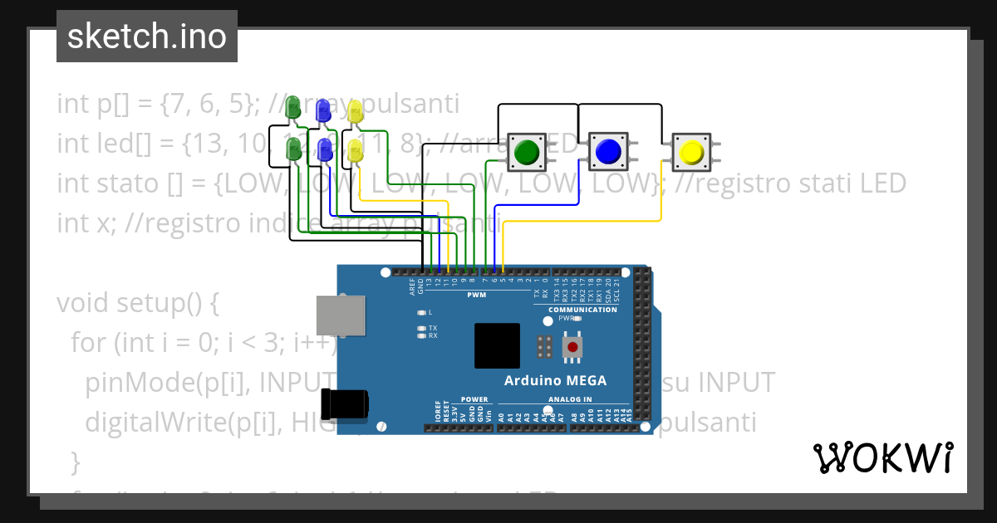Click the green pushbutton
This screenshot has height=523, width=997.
coord(526,152)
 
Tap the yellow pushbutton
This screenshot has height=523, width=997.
coord(691,152)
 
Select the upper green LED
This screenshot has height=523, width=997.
coord(292,108)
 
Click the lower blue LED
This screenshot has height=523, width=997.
coord(325,150)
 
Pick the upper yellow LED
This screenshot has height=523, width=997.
coord(356,113)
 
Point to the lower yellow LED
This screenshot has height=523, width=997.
coord(356,151)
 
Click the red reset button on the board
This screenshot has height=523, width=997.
coord(572,346)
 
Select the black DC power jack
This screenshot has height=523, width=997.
coord(348,403)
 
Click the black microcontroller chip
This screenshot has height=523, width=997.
coord(497,345)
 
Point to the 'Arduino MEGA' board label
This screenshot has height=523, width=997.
coord(555,381)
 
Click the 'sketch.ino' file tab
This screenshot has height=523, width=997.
coord(147,37)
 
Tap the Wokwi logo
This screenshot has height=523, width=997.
coord(882,457)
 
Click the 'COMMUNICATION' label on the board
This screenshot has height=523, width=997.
coord(582,310)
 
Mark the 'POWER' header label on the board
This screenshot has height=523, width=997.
coord(474,399)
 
